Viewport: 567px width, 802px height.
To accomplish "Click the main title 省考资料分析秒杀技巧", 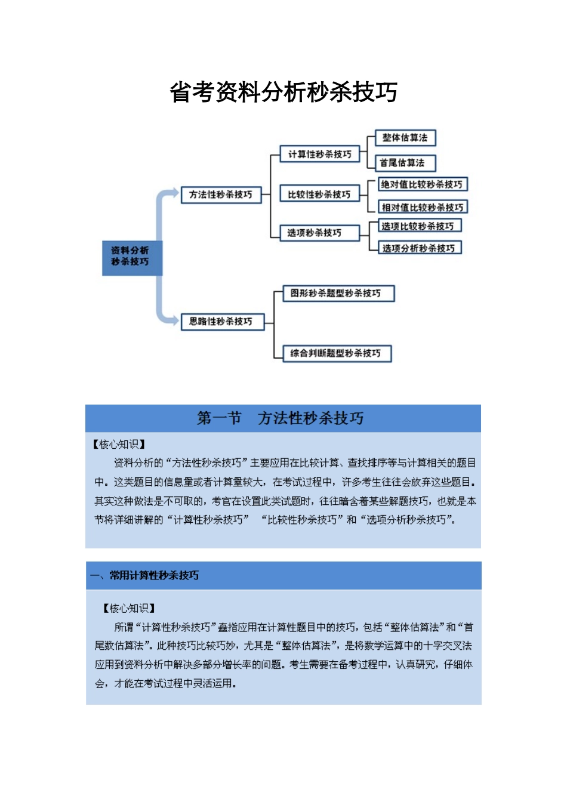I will coord(283,92).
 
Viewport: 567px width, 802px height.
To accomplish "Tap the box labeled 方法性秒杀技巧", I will coord(221,195).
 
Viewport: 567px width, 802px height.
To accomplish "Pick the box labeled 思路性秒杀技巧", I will coord(221,322).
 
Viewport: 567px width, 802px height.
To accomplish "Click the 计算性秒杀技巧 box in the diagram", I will coord(320,155).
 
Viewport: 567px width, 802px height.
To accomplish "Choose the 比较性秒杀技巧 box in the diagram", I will coord(319,195).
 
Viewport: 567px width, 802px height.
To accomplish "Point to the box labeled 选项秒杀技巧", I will coord(319,233).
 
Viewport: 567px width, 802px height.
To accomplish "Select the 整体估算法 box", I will coord(405,138).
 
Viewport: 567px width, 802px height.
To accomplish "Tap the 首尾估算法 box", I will coord(405,163).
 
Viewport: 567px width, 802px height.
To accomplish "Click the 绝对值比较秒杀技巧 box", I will coord(422,184).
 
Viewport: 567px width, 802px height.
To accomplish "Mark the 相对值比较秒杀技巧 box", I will coord(423,207).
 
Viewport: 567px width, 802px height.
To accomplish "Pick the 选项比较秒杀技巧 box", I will coord(420,226).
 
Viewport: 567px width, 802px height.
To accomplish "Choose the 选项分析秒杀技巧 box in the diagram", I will coord(420,248).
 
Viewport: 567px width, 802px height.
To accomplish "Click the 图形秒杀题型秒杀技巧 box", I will coord(338,294).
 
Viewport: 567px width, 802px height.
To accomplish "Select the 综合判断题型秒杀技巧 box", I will coord(337,353).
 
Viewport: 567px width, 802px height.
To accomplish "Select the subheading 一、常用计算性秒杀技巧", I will coord(145,576).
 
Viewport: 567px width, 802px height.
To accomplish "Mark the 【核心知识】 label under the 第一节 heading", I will coord(119,445).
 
